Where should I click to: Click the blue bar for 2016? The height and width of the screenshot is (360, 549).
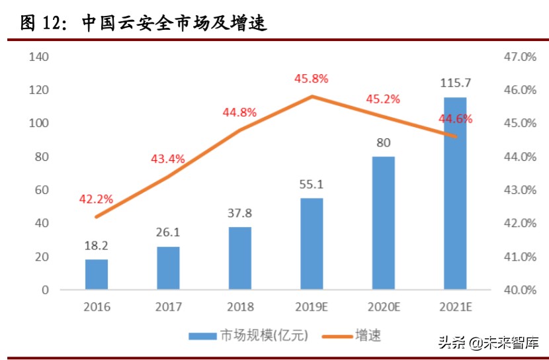pyautogui.click(x=97, y=274)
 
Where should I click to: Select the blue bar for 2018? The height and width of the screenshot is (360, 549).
pyautogui.click(x=240, y=258)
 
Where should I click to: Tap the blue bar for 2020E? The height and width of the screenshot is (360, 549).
pyautogui.click(x=384, y=223)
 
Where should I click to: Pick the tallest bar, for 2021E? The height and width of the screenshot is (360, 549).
pyautogui.click(x=455, y=193)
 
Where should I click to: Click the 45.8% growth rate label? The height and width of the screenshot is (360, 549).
pyautogui.click(x=312, y=79)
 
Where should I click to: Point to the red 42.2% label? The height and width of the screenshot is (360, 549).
pyautogui.click(x=97, y=199)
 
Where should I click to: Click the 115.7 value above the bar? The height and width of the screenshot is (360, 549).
pyautogui.click(x=455, y=83)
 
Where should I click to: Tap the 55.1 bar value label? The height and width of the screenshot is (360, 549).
pyautogui.click(x=312, y=184)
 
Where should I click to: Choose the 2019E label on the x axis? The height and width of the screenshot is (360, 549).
pyautogui.click(x=312, y=308)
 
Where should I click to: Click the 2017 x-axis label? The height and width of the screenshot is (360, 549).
pyautogui.click(x=168, y=308)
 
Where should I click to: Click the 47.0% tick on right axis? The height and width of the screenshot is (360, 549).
pyautogui.click(x=519, y=57)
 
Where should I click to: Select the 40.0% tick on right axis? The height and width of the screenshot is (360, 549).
pyautogui.click(x=519, y=290)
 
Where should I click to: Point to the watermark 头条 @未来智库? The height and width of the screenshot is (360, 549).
pyautogui.click(x=488, y=343)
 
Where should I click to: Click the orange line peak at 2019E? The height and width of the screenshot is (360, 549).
pyautogui.click(x=312, y=96)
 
